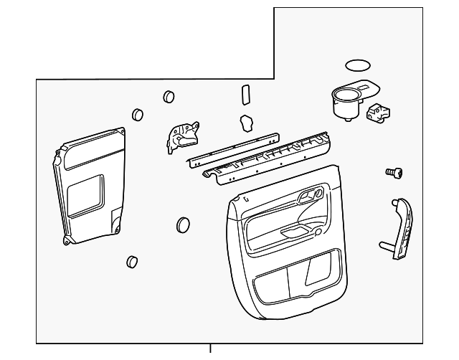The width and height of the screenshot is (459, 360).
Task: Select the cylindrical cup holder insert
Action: [x=345, y=104]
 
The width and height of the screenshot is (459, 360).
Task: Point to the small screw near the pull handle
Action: [x=393, y=172]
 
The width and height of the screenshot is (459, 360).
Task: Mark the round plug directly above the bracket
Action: [x=169, y=96]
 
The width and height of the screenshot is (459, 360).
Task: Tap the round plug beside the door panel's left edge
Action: [x=183, y=225]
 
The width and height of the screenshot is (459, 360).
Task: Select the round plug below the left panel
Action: [x=131, y=261]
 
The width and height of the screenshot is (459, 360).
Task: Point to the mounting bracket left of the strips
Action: [x=181, y=136]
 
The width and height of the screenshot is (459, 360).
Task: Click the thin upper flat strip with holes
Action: [x=234, y=148]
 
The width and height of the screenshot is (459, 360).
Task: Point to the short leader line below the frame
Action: [x=210, y=350]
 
